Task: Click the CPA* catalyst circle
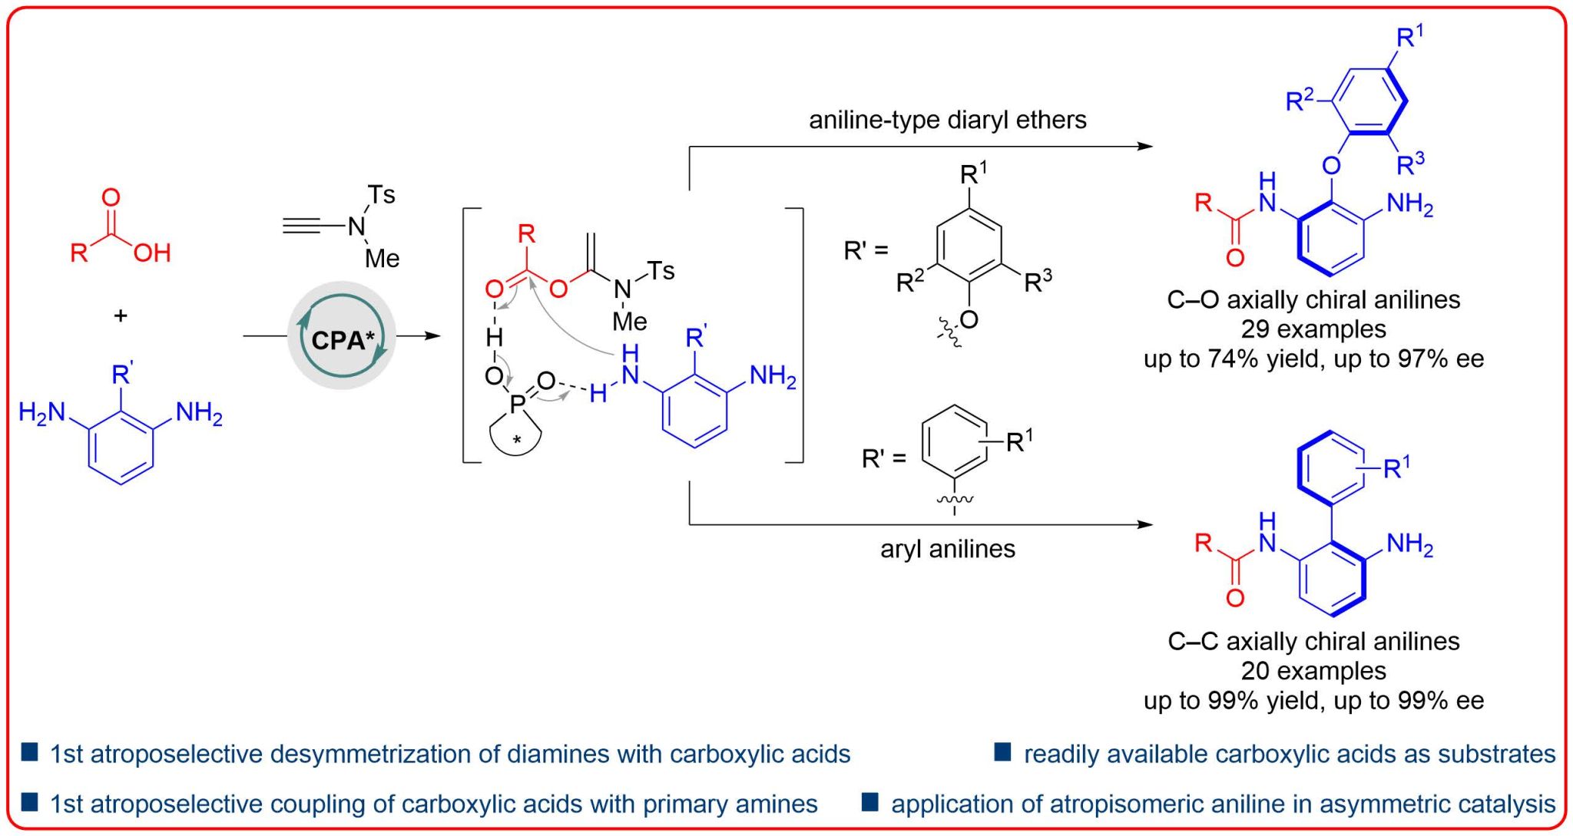pyautogui.click(x=342, y=336)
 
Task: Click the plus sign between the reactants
pyautogui.click(x=121, y=316)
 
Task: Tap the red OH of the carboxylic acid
pyautogui.click(x=151, y=253)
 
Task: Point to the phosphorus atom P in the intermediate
pyautogui.click(x=518, y=402)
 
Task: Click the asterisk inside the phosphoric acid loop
pyautogui.click(x=517, y=441)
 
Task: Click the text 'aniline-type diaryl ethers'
pyautogui.click(x=947, y=121)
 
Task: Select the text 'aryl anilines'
pyautogui.click(x=947, y=549)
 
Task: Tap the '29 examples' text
pyautogui.click(x=1313, y=329)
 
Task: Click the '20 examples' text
pyautogui.click(x=1313, y=671)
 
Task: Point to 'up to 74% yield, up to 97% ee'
pyautogui.click(x=1313, y=359)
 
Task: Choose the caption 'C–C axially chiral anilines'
pyautogui.click(x=1313, y=641)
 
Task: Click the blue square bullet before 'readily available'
pyautogui.click(x=1002, y=752)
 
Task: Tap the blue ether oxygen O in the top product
pyautogui.click(x=1331, y=165)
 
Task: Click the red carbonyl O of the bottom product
pyautogui.click(x=1234, y=598)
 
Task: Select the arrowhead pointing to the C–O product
pyautogui.click(x=1145, y=146)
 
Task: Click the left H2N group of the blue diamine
pyautogui.click(x=42, y=413)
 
